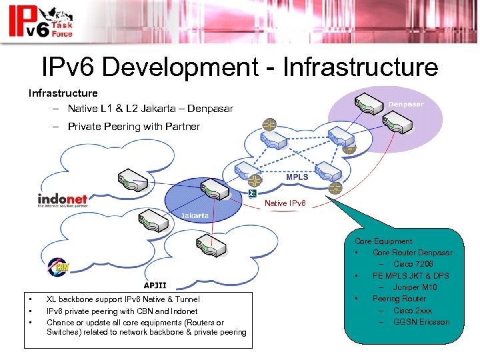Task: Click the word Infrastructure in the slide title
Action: (x=361, y=67)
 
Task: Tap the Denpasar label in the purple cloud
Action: (x=405, y=104)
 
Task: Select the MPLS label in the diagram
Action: (x=297, y=177)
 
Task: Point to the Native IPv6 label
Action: (x=285, y=203)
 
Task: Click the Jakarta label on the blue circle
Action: (x=195, y=215)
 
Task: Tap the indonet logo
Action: (x=63, y=199)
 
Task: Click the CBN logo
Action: (x=58, y=269)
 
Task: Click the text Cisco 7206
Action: (x=413, y=264)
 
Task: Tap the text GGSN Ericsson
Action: (x=421, y=322)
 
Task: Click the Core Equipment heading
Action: (x=383, y=241)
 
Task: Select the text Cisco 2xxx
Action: (x=413, y=311)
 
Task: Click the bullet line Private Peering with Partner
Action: (x=133, y=126)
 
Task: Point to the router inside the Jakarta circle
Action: (x=212, y=189)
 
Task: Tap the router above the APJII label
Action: (x=211, y=247)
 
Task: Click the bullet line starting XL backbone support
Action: (x=123, y=299)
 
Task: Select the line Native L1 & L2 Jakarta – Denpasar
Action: (x=150, y=109)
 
